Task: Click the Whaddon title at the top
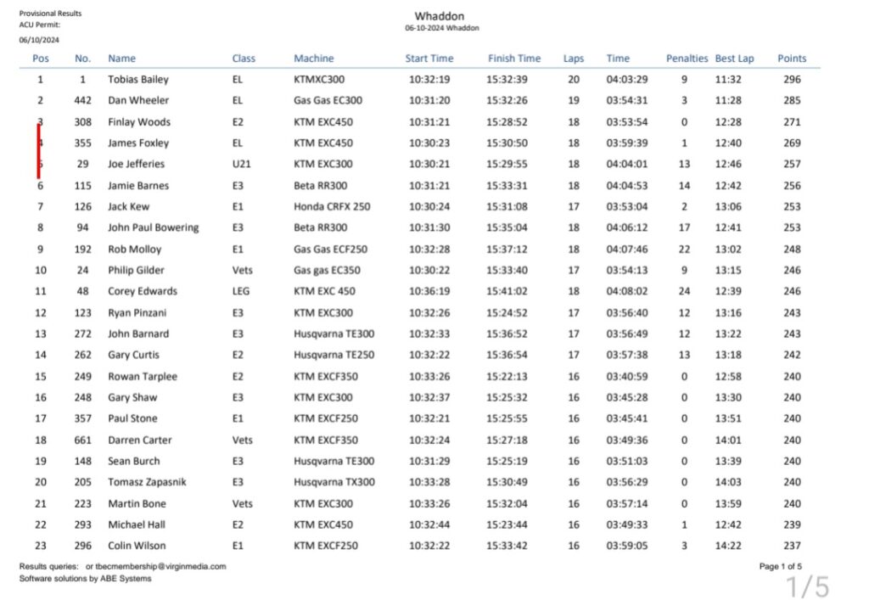point(439,16)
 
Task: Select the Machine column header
point(313,59)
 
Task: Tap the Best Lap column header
point(734,59)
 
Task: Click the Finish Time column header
point(513,59)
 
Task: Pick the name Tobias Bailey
point(137,80)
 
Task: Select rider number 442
point(82,101)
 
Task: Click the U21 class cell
point(240,165)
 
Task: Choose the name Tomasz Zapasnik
point(147,482)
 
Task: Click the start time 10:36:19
point(429,292)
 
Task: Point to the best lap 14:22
point(728,546)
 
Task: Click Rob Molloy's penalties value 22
point(684,250)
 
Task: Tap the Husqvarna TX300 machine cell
point(334,482)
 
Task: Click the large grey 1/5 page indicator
point(806,586)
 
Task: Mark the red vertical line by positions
point(38,151)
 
